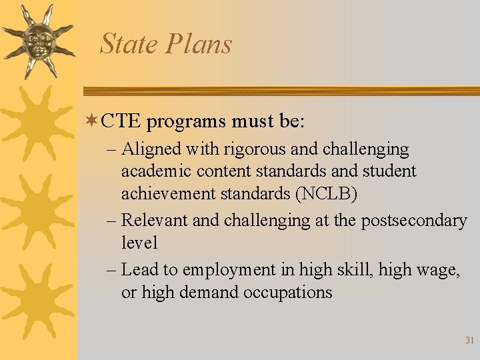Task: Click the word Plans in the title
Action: click(199, 44)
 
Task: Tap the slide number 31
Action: click(469, 340)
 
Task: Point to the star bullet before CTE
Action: click(91, 121)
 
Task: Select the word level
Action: click(139, 243)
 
